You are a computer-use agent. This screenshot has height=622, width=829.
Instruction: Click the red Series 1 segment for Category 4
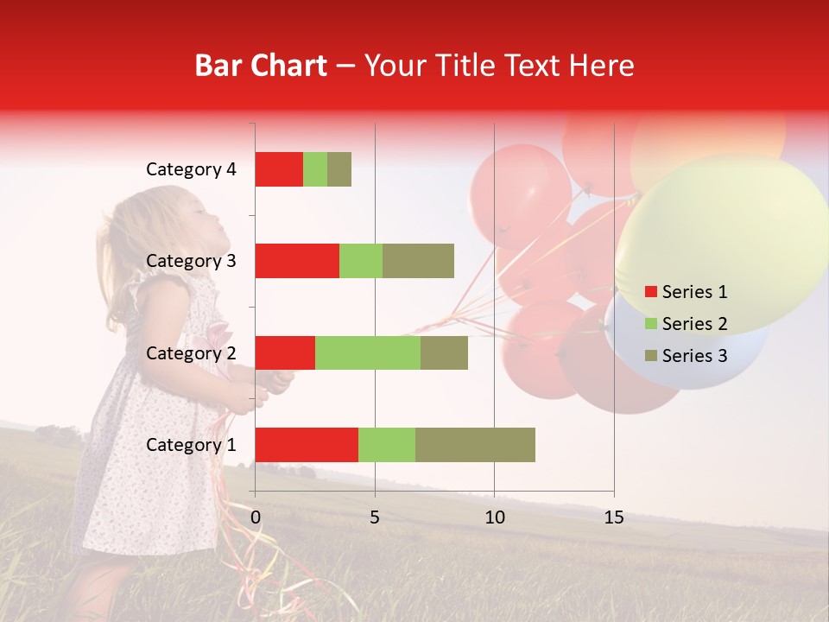pyautogui.click(x=279, y=168)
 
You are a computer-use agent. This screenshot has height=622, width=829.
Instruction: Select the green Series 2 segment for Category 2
pyautogui.click(x=368, y=352)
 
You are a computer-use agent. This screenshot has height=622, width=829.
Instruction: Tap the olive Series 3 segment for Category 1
pyautogui.click(x=475, y=444)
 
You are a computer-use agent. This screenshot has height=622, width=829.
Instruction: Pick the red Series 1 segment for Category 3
pyautogui.click(x=297, y=261)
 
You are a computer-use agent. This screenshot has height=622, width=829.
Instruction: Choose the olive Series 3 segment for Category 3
pyautogui.click(x=418, y=261)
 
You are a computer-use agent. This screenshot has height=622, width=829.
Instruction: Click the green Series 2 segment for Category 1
pyautogui.click(x=387, y=444)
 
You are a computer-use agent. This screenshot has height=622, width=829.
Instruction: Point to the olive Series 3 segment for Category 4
pyautogui.click(x=339, y=168)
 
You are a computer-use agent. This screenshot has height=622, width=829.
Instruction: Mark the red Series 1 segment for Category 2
pyautogui.click(x=285, y=352)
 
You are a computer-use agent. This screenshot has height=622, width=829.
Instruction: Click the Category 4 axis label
pyautogui.click(x=191, y=169)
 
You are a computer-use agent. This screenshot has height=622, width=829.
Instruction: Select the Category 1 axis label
pyautogui.click(x=191, y=445)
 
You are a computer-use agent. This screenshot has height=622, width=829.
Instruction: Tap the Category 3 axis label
pyautogui.click(x=191, y=261)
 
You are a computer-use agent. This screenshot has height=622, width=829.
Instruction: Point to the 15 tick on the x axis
pyautogui.click(x=613, y=517)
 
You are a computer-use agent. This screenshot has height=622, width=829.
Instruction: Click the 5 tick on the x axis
pyautogui.click(x=375, y=517)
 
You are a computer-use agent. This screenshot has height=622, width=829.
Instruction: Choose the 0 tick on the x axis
pyautogui.click(x=256, y=517)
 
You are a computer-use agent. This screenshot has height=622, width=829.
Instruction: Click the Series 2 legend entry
pyautogui.click(x=686, y=324)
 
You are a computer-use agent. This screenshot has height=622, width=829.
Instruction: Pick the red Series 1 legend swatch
pyautogui.click(x=650, y=292)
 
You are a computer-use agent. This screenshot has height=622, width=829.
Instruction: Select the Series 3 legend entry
pyautogui.click(x=686, y=356)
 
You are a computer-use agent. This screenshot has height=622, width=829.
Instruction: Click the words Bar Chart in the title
pyautogui.click(x=261, y=66)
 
